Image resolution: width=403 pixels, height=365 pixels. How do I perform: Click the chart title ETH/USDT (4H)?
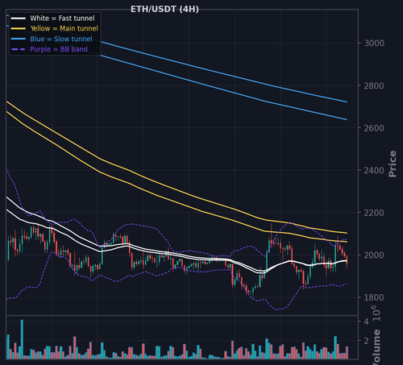164,9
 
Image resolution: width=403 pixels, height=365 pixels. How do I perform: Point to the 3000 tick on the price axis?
374,44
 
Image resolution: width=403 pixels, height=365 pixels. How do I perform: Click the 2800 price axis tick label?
374,86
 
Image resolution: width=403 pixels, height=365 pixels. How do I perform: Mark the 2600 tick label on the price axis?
374,128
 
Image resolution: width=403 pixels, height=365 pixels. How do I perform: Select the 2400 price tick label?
374,170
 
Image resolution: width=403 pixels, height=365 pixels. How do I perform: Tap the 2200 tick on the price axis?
374,213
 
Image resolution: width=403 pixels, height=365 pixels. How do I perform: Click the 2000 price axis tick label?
374,255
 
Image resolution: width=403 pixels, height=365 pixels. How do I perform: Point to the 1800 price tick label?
374,297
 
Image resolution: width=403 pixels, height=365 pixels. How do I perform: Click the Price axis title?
393,164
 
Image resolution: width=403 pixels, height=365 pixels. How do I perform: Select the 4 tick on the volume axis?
366,321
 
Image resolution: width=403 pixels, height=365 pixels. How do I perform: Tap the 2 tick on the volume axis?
366,341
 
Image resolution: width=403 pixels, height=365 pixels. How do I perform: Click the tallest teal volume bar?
22,339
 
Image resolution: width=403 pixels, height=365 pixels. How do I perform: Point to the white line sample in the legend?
19,19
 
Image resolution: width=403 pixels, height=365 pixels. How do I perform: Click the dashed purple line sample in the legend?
19,49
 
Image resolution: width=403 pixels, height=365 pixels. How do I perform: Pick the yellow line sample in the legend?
19,28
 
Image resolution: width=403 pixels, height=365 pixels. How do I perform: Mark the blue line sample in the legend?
19,39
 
